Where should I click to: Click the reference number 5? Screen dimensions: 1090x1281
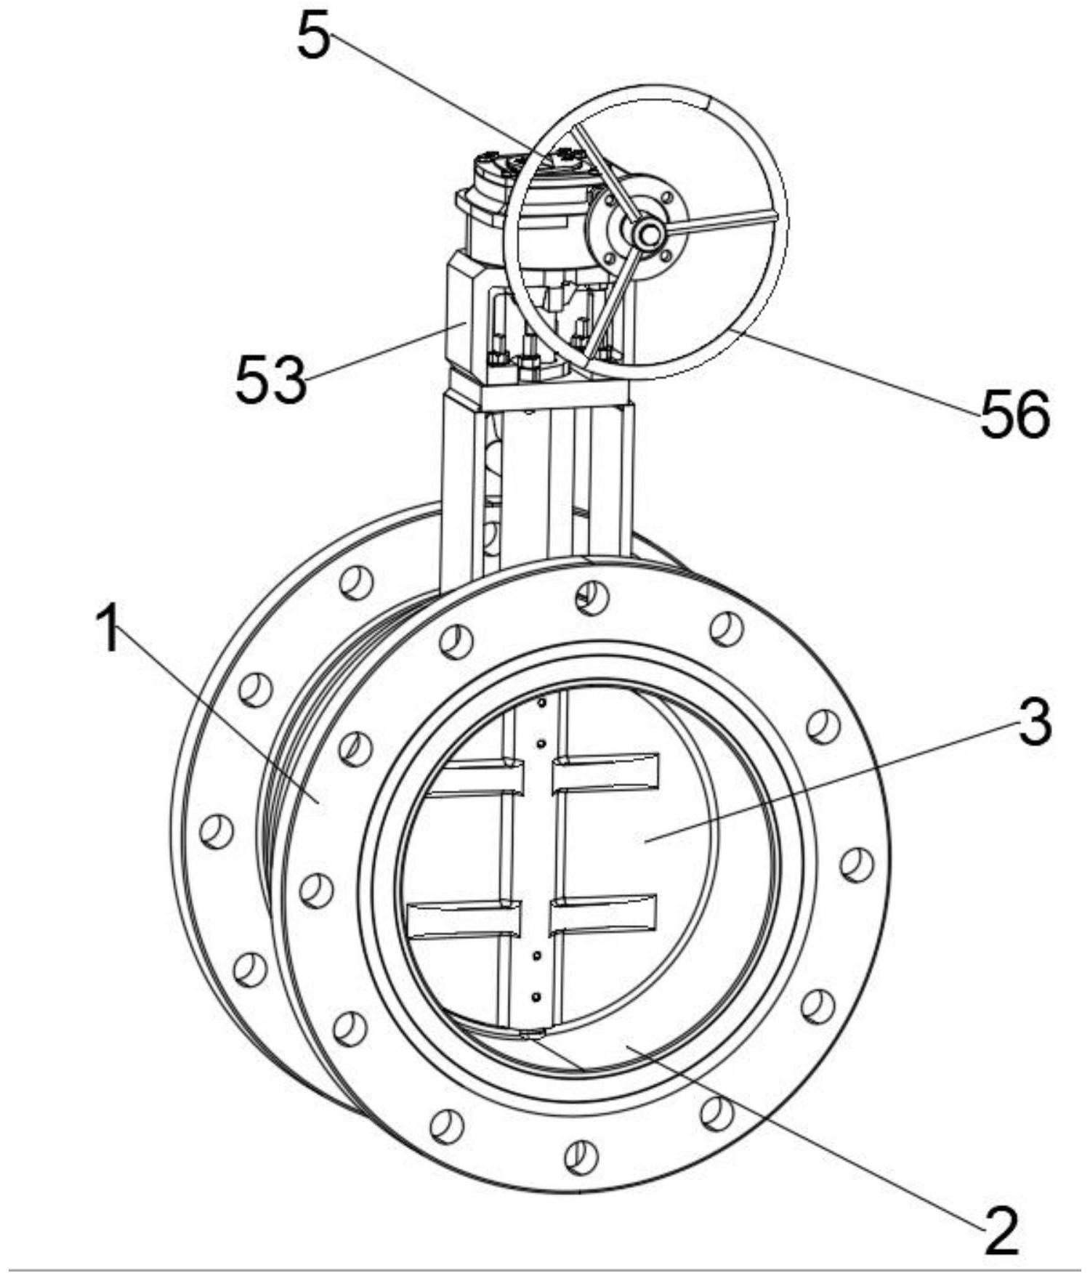pyautogui.click(x=313, y=37)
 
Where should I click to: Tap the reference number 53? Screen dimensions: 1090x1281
pyautogui.click(x=270, y=379)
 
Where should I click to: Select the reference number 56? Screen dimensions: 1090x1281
pyautogui.click(x=1015, y=414)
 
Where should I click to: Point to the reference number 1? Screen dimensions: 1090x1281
pyautogui.click(x=109, y=629)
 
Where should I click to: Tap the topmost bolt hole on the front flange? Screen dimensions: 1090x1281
pyautogui.click(x=592, y=598)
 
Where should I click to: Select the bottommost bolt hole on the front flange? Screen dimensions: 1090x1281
pyautogui.click(x=581, y=1155)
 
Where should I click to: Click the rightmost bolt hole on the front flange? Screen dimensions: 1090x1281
pyautogui.click(x=857, y=865)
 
